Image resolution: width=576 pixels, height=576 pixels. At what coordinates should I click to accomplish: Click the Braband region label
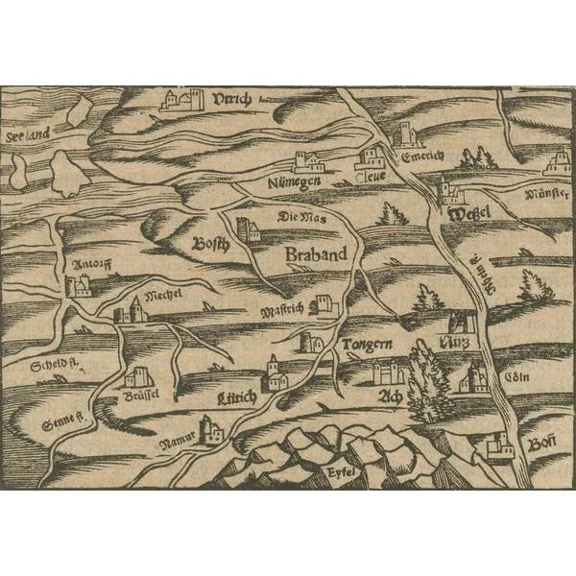coord(315,256)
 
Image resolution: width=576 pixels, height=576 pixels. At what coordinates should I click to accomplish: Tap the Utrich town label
coord(233,99)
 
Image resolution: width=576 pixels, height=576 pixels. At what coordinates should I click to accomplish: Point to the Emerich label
coord(421,158)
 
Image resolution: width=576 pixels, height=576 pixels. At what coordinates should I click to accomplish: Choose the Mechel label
coord(162,289)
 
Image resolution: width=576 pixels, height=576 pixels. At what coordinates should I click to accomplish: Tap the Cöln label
coord(506,376)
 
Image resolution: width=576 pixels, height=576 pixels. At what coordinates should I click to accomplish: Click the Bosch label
coord(210,243)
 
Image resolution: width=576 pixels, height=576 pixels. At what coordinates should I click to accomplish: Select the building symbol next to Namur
coord(210,431)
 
